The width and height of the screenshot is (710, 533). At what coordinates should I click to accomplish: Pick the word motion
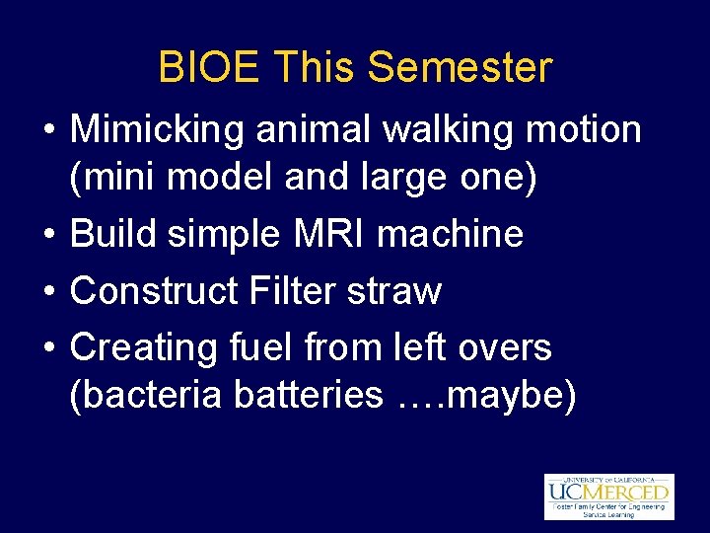588,129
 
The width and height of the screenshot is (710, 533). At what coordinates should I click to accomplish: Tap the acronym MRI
321,235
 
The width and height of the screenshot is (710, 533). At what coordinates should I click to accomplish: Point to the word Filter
295,291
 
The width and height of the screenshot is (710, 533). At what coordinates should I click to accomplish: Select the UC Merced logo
608,495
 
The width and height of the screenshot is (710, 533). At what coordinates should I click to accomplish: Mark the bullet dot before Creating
48,349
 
